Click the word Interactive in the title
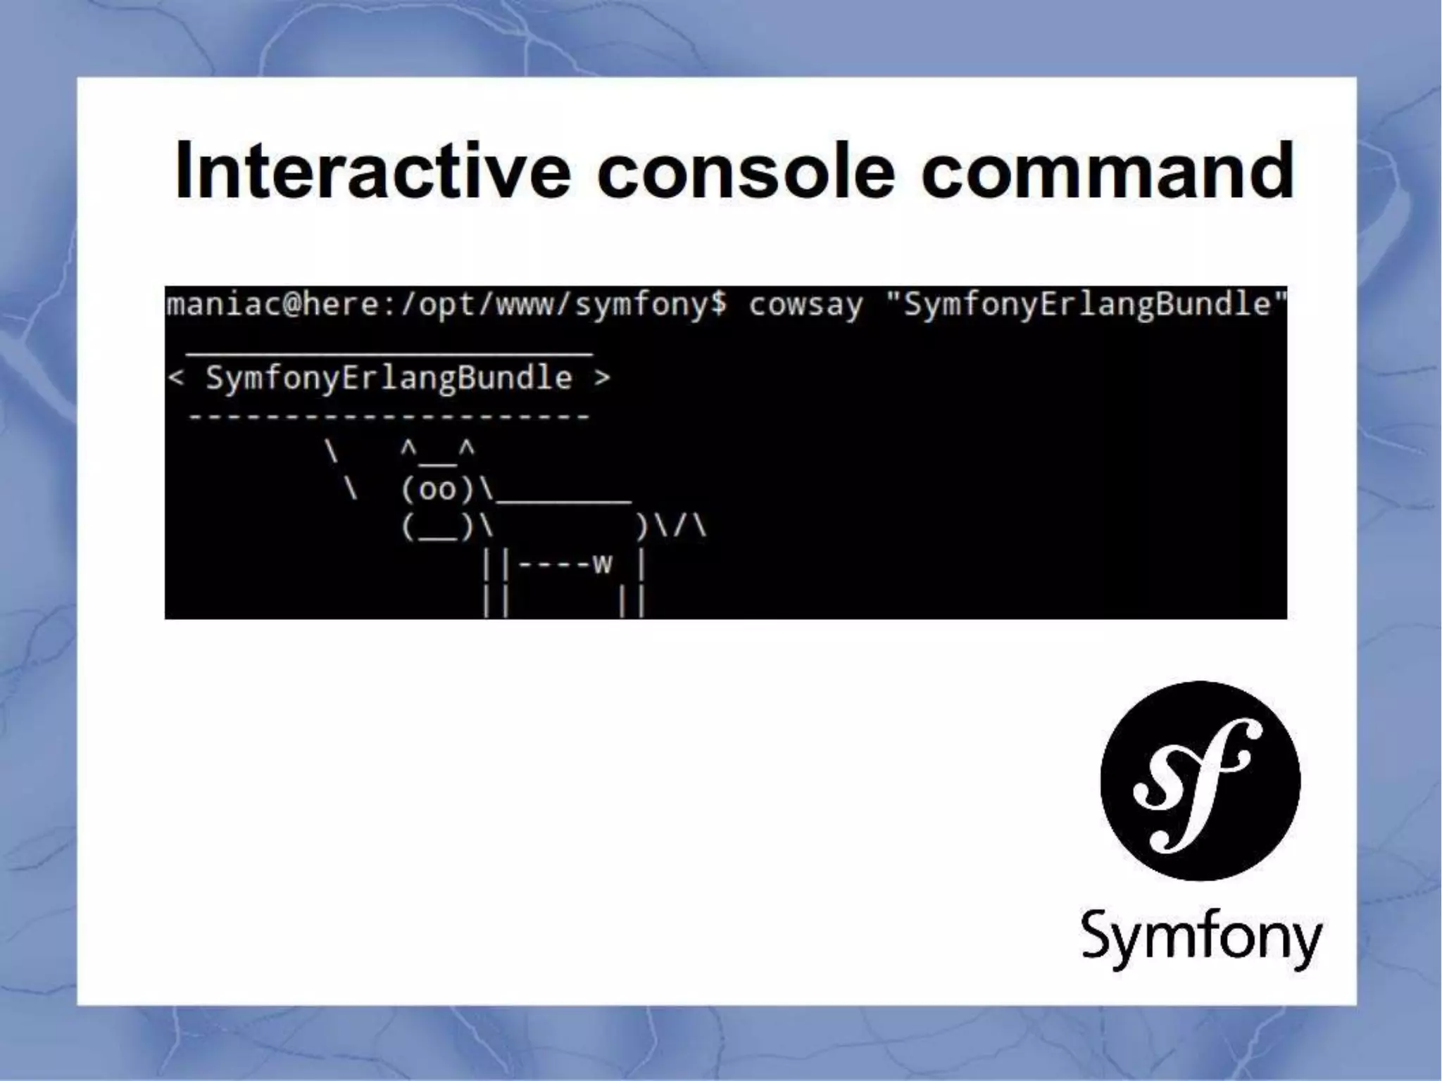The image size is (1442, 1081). coord(372,170)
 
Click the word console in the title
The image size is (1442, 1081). coord(746,170)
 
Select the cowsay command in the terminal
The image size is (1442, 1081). coord(805,305)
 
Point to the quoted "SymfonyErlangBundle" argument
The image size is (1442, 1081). coord(1085,305)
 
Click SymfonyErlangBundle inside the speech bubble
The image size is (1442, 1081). coord(389,379)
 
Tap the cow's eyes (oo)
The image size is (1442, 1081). coord(437,489)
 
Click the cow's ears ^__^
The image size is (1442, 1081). coord(437,450)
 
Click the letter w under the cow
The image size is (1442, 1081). coord(602,564)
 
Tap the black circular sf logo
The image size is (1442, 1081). coord(1200,780)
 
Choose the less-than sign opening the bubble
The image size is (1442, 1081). coord(176,379)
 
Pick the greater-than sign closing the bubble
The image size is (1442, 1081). coord(602,379)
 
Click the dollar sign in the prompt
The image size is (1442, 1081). coord(717,305)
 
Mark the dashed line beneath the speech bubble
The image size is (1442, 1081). coord(389,417)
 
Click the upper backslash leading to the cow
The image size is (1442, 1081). coord(331,451)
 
